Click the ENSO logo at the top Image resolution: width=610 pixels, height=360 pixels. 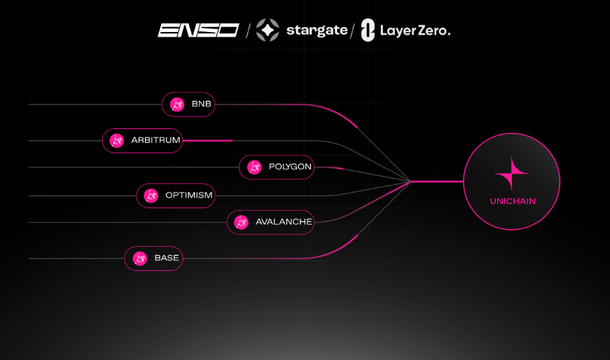pyautogui.click(x=198, y=30)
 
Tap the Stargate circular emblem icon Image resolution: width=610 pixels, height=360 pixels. pyautogui.click(x=268, y=30)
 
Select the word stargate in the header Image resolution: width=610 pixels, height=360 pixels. pyautogui.click(x=317, y=31)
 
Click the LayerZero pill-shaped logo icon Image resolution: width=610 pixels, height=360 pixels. pyautogui.click(x=368, y=30)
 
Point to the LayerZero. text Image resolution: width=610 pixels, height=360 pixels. pyautogui.click(x=416, y=31)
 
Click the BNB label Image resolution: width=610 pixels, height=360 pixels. pyautogui.click(x=202, y=104)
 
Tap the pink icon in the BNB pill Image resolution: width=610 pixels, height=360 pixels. pyautogui.click(x=177, y=104)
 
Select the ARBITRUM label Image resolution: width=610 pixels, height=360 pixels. pyautogui.click(x=156, y=140)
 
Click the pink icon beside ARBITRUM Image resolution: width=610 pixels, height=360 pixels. pyautogui.click(x=117, y=141)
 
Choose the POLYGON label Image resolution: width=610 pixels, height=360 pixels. pyautogui.click(x=290, y=166)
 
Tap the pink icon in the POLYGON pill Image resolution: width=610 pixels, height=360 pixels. pyautogui.click(x=255, y=168)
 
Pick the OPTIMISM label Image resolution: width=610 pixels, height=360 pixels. pyautogui.click(x=189, y=195)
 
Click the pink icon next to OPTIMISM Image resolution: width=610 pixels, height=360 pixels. pyautogui.click(x=151, y=195)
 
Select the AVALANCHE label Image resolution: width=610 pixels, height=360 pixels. pyautogui.click(x=284, y=222)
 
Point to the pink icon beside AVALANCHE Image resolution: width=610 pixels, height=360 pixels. pyautogui.click(x=242, y=223)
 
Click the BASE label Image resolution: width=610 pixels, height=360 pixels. pyautogui.click(x=166, y=258)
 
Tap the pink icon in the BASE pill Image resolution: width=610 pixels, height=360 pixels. pyautogui.click(x=140, y=259)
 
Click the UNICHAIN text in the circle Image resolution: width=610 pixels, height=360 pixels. pyautogui.click(x=512, y=201)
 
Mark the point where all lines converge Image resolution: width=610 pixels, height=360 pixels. pyautogui.click(x=410, y=181)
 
